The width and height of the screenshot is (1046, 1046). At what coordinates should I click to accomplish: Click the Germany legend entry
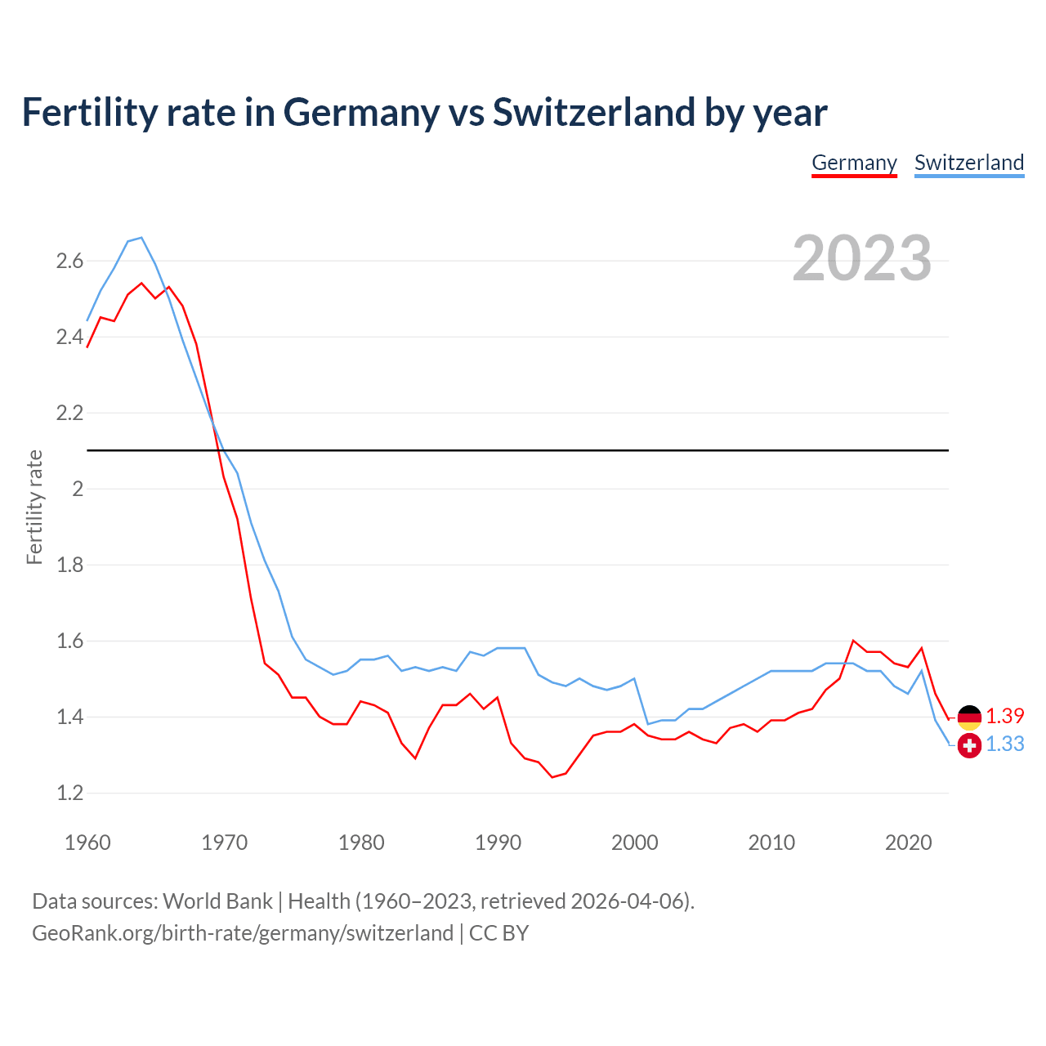854,163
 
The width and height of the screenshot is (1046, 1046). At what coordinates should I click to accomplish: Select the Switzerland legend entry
968,163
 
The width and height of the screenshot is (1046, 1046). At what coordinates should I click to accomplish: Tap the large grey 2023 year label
861,258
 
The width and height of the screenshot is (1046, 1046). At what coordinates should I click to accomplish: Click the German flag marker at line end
969,717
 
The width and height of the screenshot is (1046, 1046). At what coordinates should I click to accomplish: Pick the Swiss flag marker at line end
969,745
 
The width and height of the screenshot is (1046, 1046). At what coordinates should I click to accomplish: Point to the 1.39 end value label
1004,717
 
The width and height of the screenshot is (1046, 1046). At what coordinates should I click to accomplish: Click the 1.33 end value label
1004,744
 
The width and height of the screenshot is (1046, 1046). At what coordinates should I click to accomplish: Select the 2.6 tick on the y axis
69,261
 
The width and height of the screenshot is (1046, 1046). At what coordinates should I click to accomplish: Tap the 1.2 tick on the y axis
69,793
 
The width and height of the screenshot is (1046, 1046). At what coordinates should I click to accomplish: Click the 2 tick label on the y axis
78,489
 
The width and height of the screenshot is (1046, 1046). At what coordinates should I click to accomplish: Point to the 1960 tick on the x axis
87,843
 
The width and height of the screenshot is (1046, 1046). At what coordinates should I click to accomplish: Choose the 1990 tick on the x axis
498,843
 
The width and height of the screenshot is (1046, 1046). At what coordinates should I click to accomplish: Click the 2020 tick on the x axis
908,843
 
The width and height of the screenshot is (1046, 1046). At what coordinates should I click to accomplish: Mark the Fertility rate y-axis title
34,507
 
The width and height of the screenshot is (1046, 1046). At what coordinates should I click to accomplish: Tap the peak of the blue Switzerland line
141,238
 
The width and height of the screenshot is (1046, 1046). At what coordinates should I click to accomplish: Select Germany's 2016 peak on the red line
853,641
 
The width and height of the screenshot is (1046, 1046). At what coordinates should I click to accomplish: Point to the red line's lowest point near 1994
552,777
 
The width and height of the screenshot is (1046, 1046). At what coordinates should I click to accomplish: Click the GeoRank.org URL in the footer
242,933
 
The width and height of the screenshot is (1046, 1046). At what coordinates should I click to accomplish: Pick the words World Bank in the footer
217,901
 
